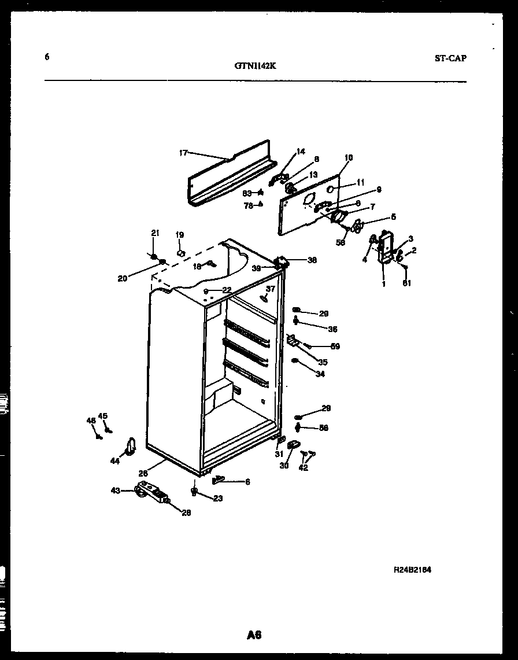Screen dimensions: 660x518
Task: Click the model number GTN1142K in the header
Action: [255, 65]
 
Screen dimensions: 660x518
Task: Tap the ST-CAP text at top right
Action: [450, 58]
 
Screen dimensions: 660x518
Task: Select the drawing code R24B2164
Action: [412, 569]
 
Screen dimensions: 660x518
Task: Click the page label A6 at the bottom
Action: [254, 635]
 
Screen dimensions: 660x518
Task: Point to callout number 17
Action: [183, 153]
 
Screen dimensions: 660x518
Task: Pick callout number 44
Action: [114, 460]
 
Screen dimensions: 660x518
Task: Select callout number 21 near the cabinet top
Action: [154, 233]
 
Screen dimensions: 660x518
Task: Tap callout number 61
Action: [406, 283]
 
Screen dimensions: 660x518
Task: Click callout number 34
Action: [320, 374]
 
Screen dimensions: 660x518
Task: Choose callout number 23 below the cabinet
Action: [217, 498]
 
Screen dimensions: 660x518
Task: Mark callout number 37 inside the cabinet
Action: [270, 289]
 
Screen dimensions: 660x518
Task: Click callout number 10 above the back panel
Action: [348, 157]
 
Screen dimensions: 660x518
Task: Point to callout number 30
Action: [284, 466]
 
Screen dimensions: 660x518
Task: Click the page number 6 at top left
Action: [46, 57]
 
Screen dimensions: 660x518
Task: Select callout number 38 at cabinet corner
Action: [312, 260]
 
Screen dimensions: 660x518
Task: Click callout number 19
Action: [180, 235]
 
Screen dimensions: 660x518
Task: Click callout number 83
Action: [246, 193]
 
